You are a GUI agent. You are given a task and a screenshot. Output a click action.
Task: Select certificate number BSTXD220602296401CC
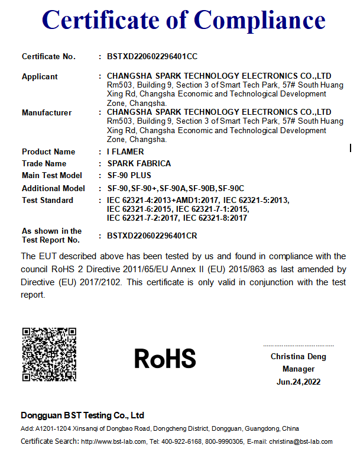coord(152,57)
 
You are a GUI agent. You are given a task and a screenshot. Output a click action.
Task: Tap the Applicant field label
coord(40,76)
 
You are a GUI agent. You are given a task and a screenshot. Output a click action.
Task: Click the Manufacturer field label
coord(47,112)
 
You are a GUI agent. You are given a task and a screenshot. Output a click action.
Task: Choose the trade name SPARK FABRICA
coord(139,163)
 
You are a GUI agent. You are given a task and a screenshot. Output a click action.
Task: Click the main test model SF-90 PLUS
coord(129,175)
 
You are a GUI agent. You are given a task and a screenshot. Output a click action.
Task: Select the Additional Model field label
coord(53,188)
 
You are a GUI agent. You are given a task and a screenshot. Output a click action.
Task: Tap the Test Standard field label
coord(47,200)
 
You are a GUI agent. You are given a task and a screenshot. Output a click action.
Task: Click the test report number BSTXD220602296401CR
coord(152,236)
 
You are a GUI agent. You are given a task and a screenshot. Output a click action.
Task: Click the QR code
coord(49,354)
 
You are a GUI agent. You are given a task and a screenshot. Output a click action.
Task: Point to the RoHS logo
coord(165,359)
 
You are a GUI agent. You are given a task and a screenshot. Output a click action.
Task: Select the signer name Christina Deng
coord(298,357)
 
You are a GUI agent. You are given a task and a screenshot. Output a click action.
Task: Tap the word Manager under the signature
coord(298,369)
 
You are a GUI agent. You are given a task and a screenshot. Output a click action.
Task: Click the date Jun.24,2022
coord(298,382)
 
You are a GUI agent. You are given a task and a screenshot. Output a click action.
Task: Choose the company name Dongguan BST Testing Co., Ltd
coord(83,415)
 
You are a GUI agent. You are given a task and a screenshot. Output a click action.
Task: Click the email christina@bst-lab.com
coord(301,441)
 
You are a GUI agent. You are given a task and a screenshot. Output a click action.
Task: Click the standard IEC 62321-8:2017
coord(215,218)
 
